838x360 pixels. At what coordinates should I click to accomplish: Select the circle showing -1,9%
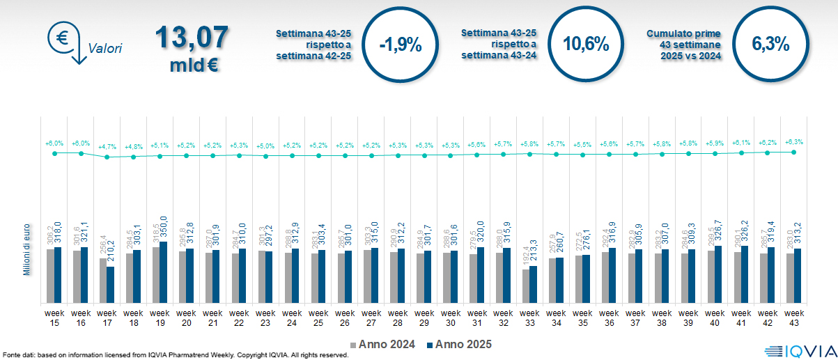400,45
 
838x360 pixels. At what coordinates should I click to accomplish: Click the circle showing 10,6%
586,45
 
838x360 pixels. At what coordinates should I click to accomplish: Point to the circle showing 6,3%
770,45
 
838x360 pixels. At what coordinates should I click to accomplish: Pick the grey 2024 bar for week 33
526,285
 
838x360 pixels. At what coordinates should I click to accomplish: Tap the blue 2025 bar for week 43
798,275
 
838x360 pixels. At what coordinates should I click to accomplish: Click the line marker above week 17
107,157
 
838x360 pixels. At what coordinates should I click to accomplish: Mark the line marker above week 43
794,152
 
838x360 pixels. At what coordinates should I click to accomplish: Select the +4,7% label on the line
107,147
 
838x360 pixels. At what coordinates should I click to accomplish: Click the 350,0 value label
165,228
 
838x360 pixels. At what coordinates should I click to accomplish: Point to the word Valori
105,49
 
